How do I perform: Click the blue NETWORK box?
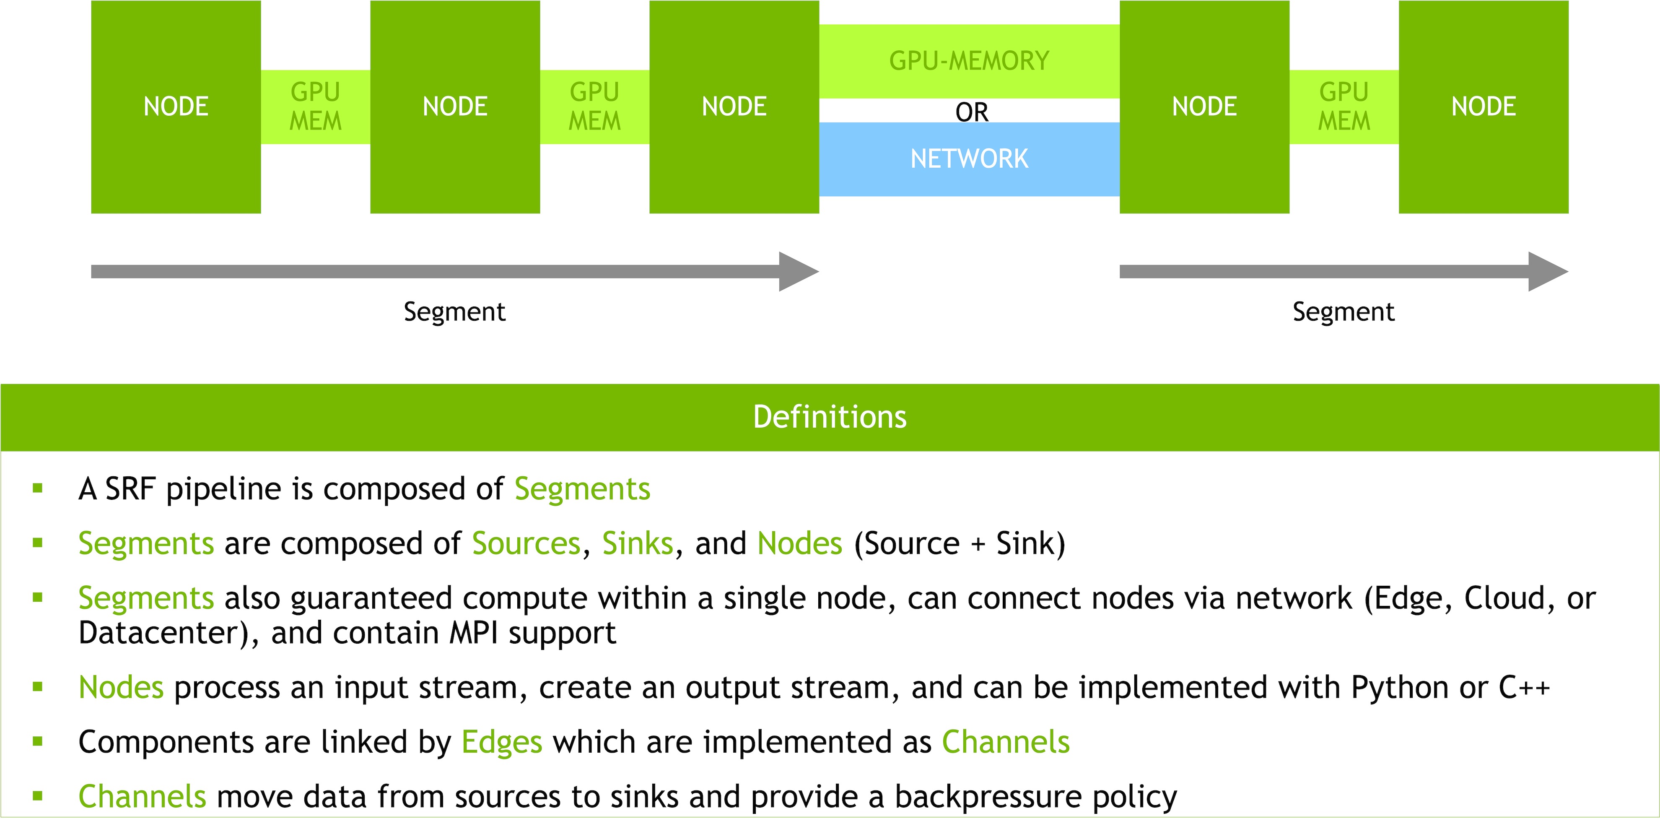[969, 159]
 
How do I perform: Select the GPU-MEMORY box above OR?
[969, 61]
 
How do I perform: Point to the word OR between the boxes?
[972, 112]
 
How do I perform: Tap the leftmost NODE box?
[176, 107]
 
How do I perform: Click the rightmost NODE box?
[1484, 107]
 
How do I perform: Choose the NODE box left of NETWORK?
[734, 107]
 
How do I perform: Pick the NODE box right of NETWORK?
[1204, 107]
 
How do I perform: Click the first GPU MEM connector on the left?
[315, 107]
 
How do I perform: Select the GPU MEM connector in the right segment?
[1344, 107]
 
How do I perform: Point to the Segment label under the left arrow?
[454, 312]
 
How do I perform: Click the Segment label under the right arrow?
[1344, 312]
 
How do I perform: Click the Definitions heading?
[830, 417]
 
